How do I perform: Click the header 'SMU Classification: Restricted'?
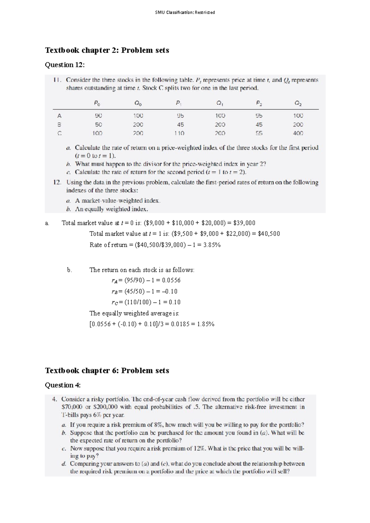(185, 12)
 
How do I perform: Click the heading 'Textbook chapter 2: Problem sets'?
(107, 50)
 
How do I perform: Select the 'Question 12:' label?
(64, 65)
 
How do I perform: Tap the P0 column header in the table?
(97, 104)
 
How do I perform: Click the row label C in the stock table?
(60, 133)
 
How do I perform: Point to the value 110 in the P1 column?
(179, 133)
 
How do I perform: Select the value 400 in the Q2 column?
(298, 133)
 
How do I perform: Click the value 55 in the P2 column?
(259, 133)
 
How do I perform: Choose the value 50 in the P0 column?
(98, 125)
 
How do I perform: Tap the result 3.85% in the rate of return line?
(212, 245)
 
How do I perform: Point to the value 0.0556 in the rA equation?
(171, 281)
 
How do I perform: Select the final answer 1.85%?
(206, 324)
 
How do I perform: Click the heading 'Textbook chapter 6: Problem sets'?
(107, 371)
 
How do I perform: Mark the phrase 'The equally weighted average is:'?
(134, 313)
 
